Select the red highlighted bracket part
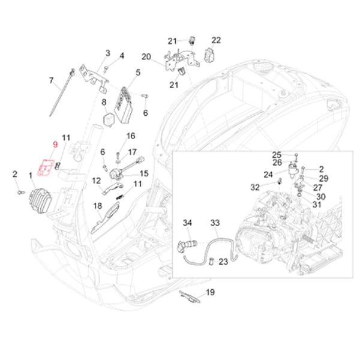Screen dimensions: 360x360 pos(46,168)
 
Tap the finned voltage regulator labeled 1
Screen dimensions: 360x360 pos(39,196)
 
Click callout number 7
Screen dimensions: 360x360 pos(52,80)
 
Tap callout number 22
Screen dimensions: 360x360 pos(216,40)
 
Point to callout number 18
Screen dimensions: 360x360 pos(98,206)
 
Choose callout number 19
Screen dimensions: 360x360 pos(210,292)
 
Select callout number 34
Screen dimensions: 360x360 pos(187,223)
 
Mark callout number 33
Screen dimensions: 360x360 pos(214,223)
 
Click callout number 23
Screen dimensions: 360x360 pos(223,262)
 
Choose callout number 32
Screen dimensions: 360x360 pos(255,187)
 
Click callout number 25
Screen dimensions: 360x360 pos(277,154)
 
